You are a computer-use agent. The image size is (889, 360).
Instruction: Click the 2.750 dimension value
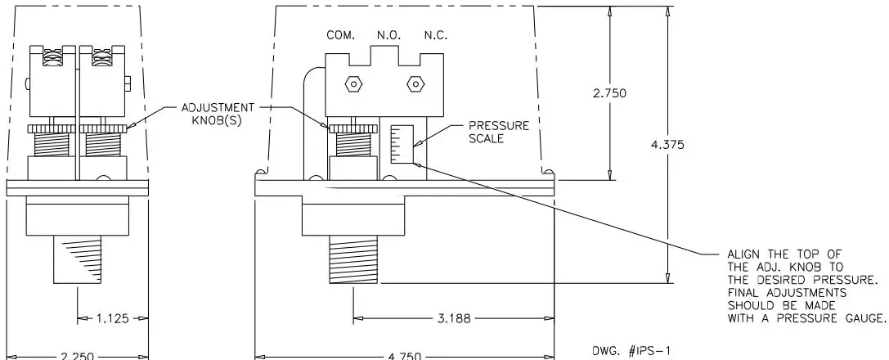tap(609, 93)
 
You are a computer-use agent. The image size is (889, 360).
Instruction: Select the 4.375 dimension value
tap(667, 146)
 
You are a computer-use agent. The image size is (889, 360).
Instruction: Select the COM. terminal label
tap(339, 35)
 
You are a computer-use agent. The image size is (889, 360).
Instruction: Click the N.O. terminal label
tap(387, 35)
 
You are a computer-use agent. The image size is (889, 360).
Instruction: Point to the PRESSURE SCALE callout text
tap(498, 133)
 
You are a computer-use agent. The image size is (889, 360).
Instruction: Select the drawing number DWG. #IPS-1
tap(626, 349)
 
